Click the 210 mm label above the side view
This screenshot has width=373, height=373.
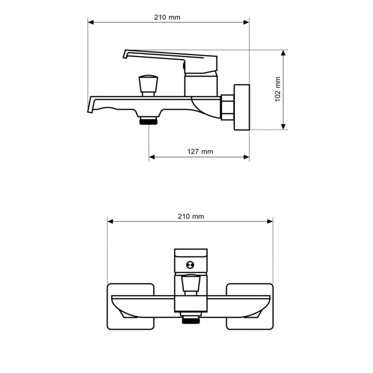coord(167,17)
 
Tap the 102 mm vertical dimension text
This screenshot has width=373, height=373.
coord(278,89)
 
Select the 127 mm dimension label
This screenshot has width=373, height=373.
coord(200,152)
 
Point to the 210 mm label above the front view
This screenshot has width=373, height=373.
coord(191,216)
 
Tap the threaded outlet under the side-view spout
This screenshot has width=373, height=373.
coord(148,121)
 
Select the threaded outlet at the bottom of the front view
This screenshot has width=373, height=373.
coord(191,320)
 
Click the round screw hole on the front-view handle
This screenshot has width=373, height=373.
coord(190,265)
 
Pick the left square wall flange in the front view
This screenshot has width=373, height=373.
coord(131,306)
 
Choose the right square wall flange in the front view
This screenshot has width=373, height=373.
coord(249,306)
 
